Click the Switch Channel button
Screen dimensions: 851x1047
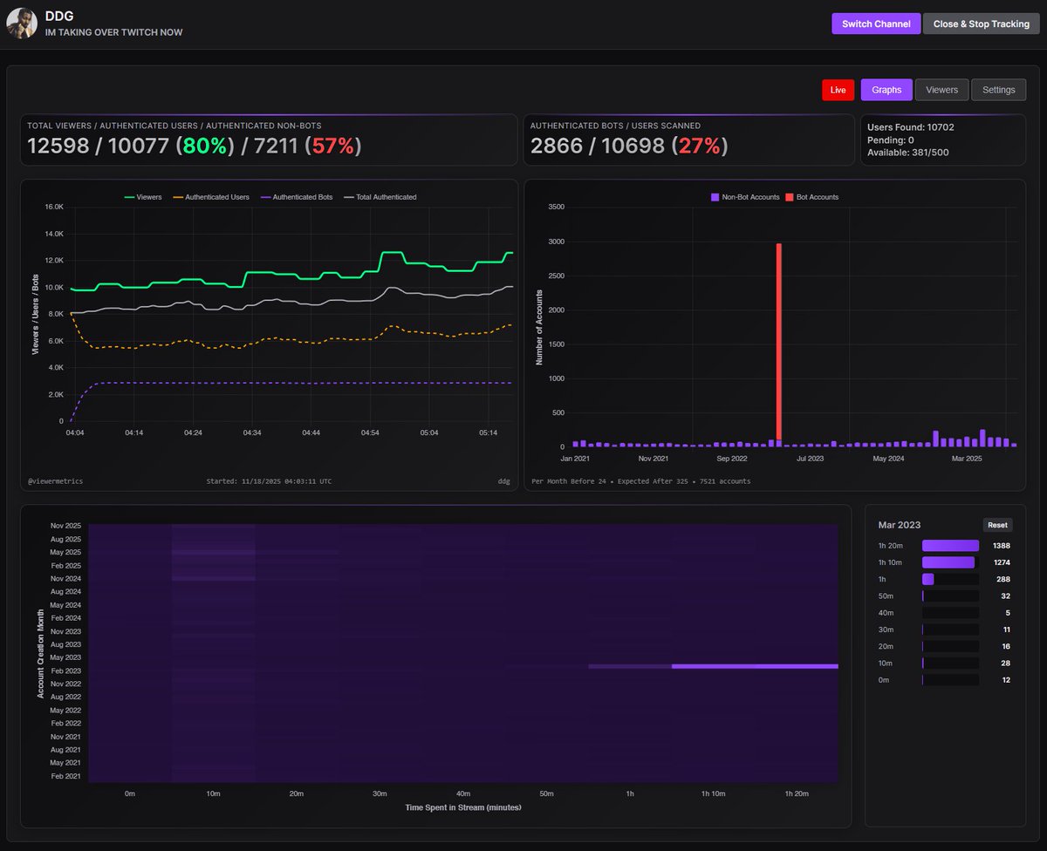(875, 24)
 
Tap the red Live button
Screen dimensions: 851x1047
(838, 90)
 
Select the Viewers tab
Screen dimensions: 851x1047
(941, 90)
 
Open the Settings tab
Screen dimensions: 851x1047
(998, 90)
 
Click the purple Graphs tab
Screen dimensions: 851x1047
(886, 90)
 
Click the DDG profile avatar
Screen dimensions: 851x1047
(22, 24)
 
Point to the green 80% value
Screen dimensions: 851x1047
(204, 146)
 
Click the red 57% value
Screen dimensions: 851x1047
(332, 146)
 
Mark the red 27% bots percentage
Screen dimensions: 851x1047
(699, 146)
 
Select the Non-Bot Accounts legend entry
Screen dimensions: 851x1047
(745, 197)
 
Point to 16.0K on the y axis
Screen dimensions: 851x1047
(53, 207)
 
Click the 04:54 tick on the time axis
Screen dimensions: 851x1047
(370, 432)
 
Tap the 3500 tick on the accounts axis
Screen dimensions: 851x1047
(557, 208)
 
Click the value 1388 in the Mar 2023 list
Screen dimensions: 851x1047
(1001, 546)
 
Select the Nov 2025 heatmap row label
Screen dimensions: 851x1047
(65, 526)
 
